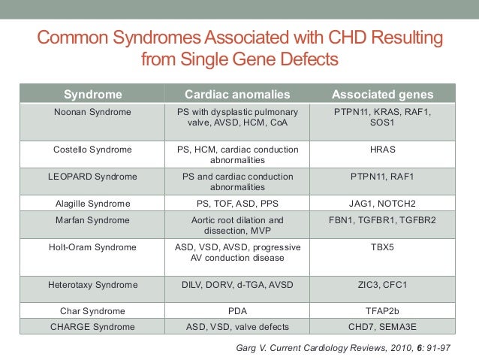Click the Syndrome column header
tap(93, 95)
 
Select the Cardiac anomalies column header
tap(238, 95)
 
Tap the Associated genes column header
tap(383, 95)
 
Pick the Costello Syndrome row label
tap(93, 150)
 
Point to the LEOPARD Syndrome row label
tap(93, 177)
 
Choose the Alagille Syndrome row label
tap(93, 204)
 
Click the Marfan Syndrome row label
tap(93, 220)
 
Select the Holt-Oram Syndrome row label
tap(93, 247)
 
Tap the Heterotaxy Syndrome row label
tap(93, 285)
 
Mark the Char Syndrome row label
tap(93, 310)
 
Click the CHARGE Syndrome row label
tap(93, 327)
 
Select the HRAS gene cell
tap(383, 150)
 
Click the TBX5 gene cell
tap(383, 247)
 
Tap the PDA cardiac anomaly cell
tap(238, 310)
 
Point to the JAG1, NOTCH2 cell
tap(383, 204)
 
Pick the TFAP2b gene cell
tap(383, 310)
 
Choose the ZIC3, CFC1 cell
tap(383, 285)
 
